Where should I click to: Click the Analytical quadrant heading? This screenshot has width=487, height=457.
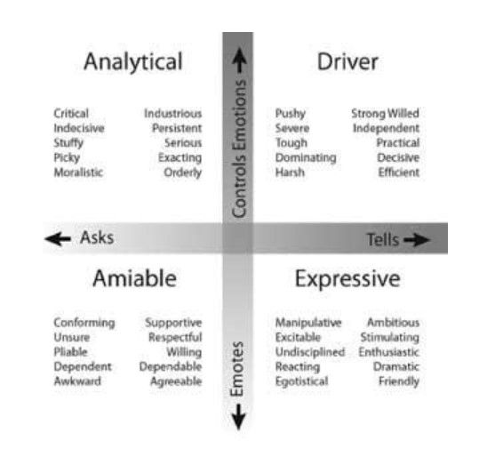point(133,62)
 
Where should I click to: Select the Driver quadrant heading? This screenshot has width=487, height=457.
point(347,61)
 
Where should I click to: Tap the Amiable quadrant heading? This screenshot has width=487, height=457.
point(135,278)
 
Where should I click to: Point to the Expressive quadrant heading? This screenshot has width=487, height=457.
point(347,279)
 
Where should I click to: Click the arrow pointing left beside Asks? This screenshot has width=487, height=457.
point(58,238)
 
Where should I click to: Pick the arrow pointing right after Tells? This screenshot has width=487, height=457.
point(417,239)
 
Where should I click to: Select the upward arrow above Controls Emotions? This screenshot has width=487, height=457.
point(239,60)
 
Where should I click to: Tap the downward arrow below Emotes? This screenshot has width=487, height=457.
point(239,417)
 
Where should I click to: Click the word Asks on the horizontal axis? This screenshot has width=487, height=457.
point(97,237)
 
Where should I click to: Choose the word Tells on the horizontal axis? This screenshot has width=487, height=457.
point(383,239)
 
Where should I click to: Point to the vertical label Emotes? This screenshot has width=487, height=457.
point(236,369)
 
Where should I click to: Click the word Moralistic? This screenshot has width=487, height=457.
point(78,172)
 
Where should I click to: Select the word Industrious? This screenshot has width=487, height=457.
point(173,114)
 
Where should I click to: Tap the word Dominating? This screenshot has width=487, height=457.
point(306,158)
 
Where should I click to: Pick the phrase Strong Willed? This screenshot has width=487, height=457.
point(385,114)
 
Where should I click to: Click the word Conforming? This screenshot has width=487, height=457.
point(84,323)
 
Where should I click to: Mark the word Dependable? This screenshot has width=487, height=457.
point(171,366)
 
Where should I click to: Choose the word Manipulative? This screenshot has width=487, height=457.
point(308,323)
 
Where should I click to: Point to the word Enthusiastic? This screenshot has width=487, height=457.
point(389,352)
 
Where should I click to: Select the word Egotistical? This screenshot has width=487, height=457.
point(302,381)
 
